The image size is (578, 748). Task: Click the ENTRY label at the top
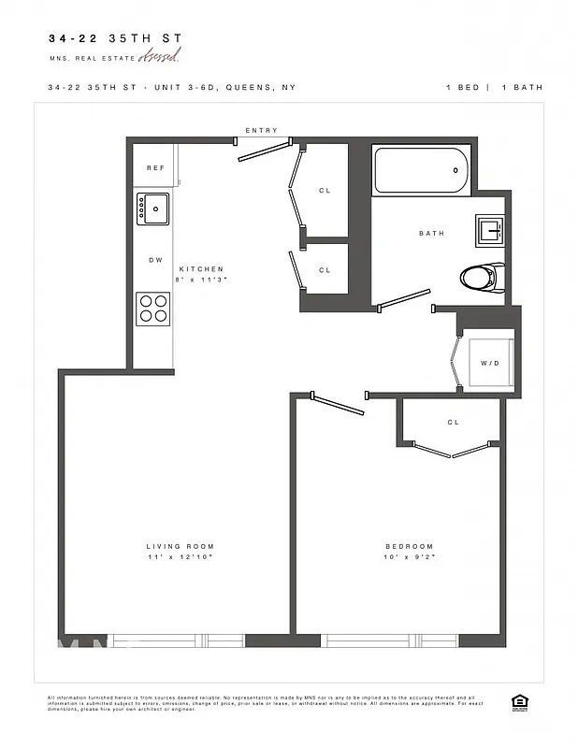261,131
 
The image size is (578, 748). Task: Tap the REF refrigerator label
155,168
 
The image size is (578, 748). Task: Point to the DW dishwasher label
155,260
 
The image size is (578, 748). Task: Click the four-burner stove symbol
153,309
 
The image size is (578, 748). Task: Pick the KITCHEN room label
201,269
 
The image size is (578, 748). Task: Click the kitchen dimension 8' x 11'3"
201,280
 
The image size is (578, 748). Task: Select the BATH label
431,234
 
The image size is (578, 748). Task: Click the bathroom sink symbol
490,229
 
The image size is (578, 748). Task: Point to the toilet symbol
483,277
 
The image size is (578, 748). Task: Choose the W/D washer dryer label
489,363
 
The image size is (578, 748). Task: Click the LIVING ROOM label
180,547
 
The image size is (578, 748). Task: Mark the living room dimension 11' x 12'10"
180,557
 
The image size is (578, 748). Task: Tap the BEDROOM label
410,547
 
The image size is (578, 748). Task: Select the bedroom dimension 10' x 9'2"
410,557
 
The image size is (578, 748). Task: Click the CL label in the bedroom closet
454,423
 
